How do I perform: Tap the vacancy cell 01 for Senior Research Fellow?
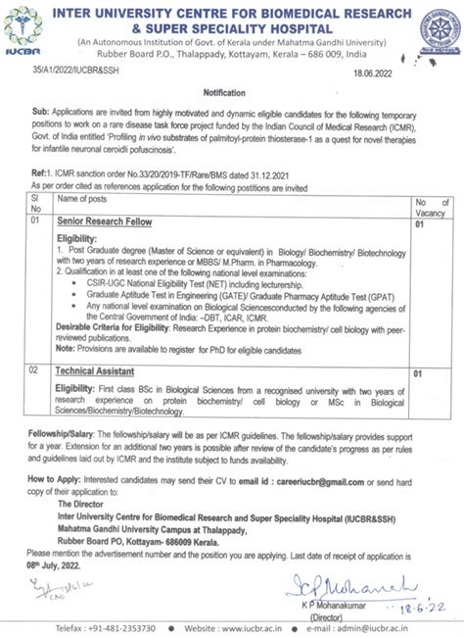point(419,252)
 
